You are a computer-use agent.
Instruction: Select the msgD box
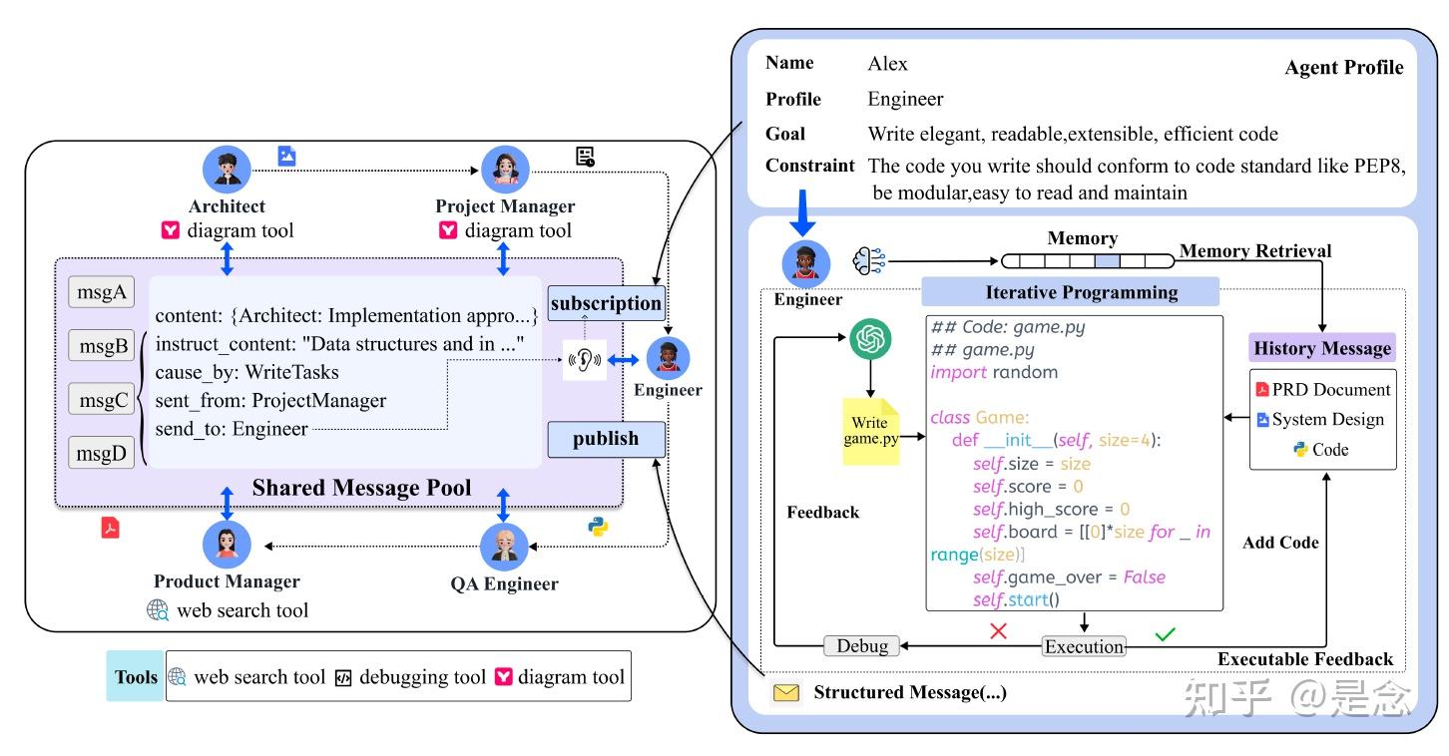101,453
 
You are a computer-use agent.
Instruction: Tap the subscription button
606,303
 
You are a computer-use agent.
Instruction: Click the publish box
606,439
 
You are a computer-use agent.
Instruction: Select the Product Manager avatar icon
227,545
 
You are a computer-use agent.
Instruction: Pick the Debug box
862,645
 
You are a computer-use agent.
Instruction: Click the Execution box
1084,646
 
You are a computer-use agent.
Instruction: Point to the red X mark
997,631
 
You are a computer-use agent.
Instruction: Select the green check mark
1164,632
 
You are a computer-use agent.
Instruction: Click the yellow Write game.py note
870,432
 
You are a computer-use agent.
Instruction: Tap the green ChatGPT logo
869,342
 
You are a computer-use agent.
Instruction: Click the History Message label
1322,348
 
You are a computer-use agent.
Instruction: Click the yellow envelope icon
787,692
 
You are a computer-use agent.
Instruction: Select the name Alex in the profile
887,64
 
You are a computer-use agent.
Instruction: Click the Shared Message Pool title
361,488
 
